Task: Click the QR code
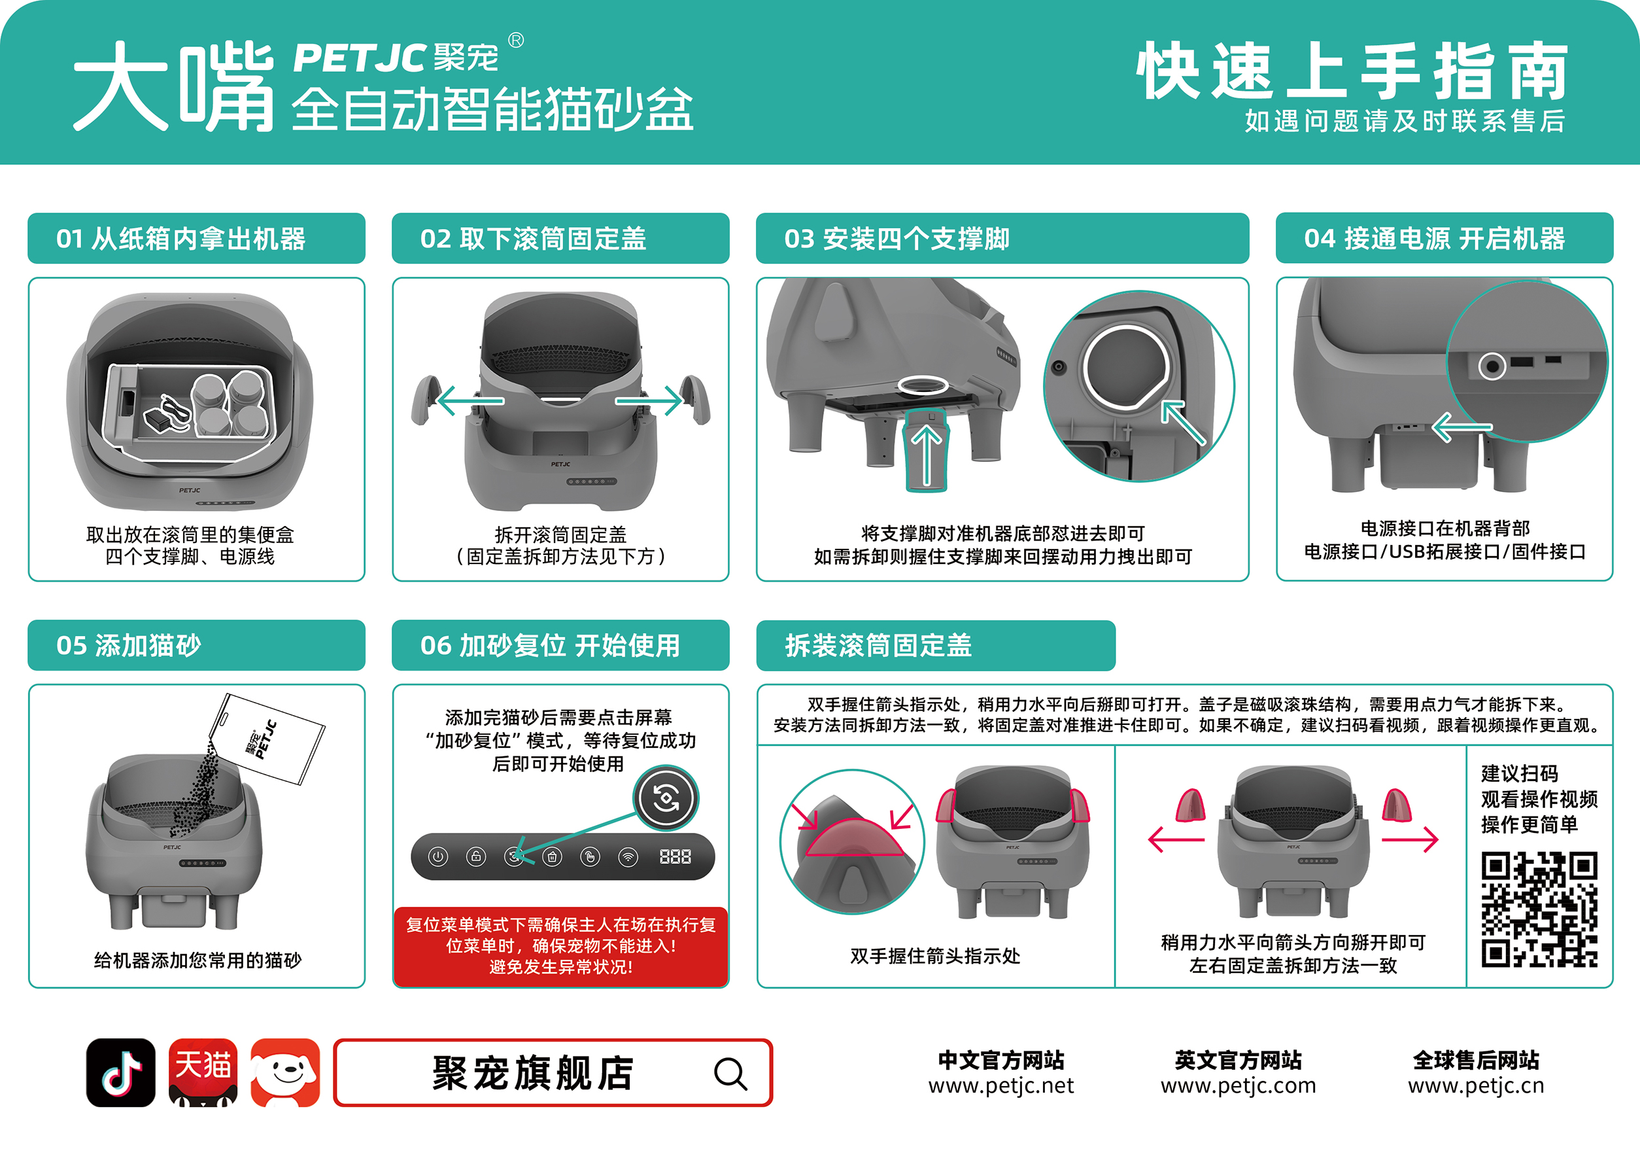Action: [1539, 909]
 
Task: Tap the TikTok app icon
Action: [121, 1072]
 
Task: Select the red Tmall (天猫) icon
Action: [203, 1072]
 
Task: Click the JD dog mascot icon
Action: [285, 1072]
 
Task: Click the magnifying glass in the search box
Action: [730, 1074]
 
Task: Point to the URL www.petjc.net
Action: [1000, 1085]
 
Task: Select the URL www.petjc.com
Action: [1238, 1085]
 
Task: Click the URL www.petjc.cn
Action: [1476, 1085]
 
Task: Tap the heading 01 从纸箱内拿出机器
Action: [180, 239]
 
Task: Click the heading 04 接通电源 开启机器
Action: [1434, 239]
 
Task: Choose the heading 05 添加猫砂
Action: [129, 645]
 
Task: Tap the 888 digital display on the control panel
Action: [675, 856]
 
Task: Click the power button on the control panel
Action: [438, 856]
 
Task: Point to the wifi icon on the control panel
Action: [628, 856]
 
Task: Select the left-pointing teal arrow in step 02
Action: [471, 401]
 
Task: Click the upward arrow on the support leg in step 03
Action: [927, 454]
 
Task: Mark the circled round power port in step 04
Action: [1492, 366]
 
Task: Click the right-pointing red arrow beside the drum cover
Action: [1410, 839]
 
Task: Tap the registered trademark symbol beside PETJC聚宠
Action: [516, 40]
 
